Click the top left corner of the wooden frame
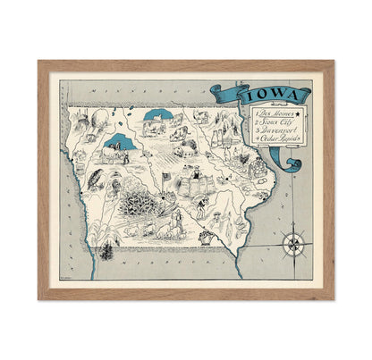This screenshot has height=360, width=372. point(41,64)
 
